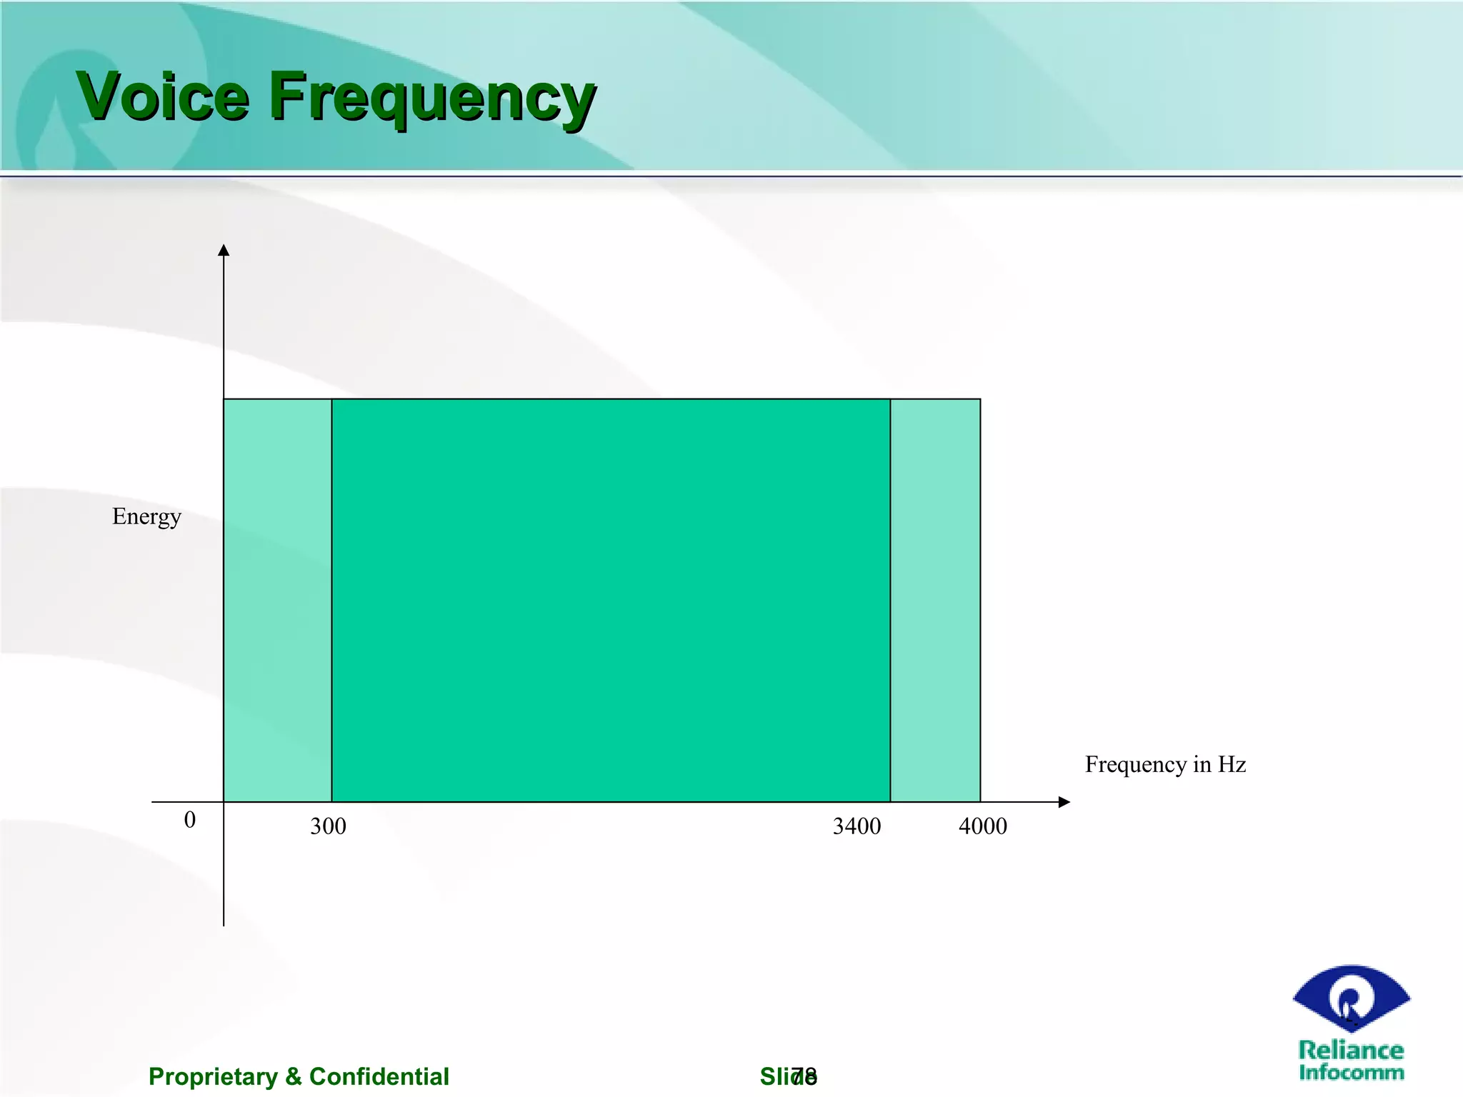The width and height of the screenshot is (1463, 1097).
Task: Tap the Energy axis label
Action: click(x=146, y=516)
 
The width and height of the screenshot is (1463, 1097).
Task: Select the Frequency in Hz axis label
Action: click(x=1165, y=764)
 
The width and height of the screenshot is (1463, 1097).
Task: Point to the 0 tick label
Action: click(x=189, y=819)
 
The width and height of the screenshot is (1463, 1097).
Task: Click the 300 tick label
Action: click(x=328, y=826)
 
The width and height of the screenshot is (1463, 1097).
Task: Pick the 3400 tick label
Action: click(x=857, y=826)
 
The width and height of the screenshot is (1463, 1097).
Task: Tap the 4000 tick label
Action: click(x=982, y=826)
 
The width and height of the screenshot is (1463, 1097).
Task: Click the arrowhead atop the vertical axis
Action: click(x=224, y=250)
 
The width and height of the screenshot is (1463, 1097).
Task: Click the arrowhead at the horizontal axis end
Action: click(x=1064, y=802)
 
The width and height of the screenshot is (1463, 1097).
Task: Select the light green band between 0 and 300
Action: click(x=277, y=600)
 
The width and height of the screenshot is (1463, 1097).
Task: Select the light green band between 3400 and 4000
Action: click(x=935, y=600)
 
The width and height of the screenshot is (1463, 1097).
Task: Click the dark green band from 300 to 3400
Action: click(x=611, y=600)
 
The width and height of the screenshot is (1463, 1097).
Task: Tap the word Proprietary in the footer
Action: click(x=213, y=1076)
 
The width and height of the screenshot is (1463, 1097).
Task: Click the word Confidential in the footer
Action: click(x=379, y=1076)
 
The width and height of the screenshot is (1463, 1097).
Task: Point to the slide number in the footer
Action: click(x=804, y=1076)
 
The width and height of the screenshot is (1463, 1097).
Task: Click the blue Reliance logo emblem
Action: click(x=1351, y=998)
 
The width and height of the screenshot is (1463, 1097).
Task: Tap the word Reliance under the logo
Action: click(x=1351, y=1050)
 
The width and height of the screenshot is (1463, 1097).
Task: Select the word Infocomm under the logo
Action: click(x=1351, y=1072)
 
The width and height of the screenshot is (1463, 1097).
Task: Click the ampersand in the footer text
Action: click(x=294, y=1076)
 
